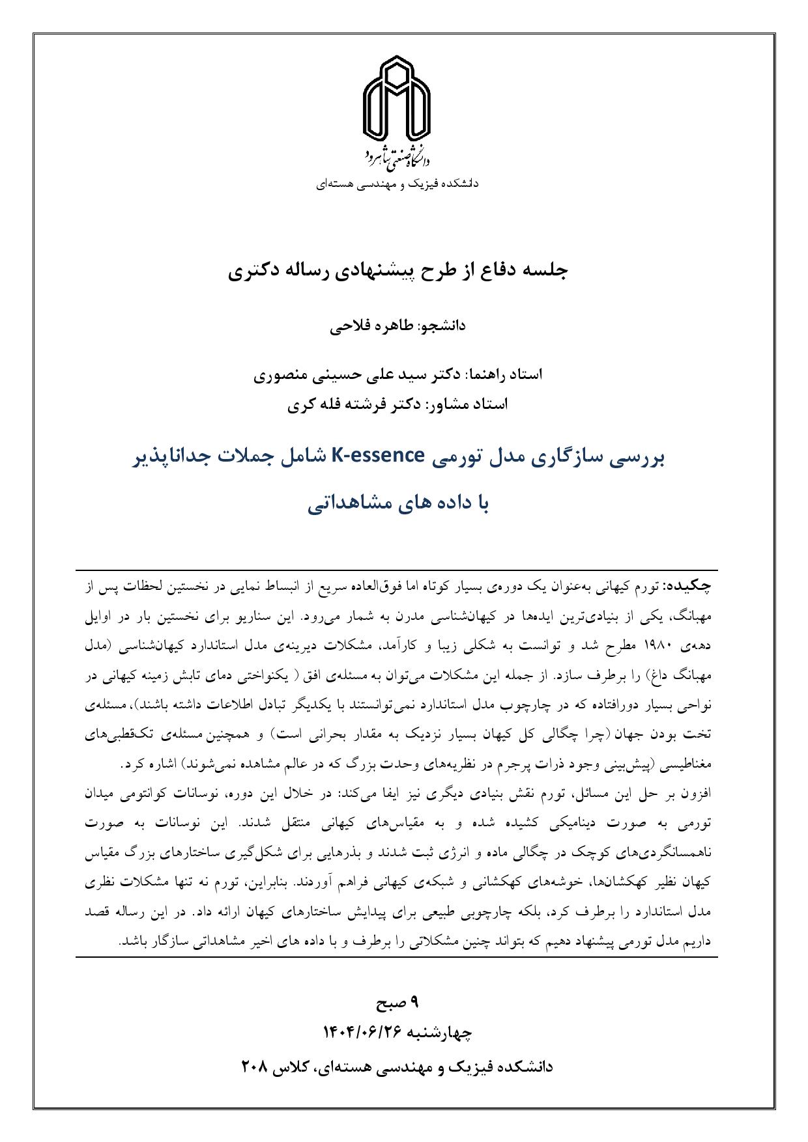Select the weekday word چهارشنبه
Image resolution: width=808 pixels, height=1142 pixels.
[x=439, y=1033]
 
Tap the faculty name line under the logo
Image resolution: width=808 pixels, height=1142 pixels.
[x=397, y=184]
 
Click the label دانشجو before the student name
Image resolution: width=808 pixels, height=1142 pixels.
[x=441, y=326]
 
